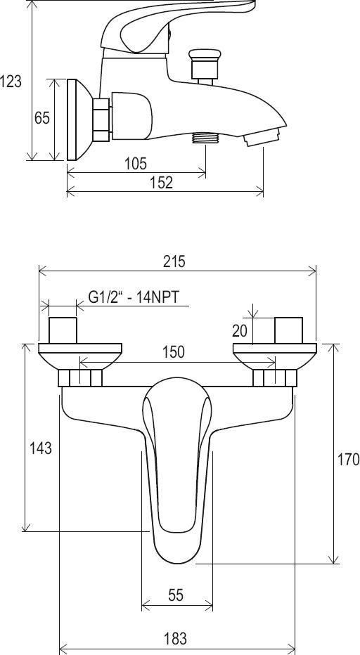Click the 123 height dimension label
coord(11,81)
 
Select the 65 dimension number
coord(41,118)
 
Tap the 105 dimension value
coord(136,163)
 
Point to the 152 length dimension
coord(162,183)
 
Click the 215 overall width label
coord(174,261)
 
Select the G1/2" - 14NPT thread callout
coord(134,297)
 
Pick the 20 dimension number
coord(240,331)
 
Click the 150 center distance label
coord(174,352)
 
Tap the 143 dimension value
coord(41,448)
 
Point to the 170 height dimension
coord(348,459)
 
